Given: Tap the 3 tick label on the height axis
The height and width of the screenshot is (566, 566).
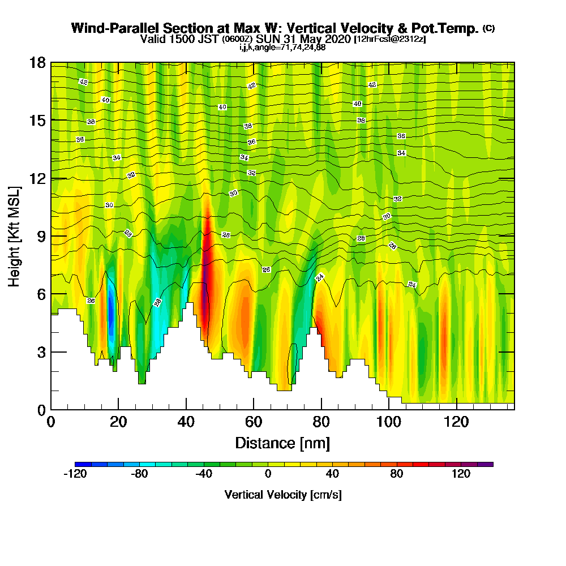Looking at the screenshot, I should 41,352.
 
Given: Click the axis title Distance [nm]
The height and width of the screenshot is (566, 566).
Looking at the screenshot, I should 282,443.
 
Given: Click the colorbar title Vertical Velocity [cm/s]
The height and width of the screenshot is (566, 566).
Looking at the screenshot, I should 283,495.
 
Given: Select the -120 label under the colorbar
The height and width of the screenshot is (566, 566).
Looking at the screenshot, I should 75,474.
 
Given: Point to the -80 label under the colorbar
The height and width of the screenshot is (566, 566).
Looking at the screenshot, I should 139,474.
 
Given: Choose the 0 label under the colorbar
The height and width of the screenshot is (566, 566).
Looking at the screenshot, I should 268,474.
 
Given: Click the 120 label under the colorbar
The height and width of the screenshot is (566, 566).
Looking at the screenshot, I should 461,474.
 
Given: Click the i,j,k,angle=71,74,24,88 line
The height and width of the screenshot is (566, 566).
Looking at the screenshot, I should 282,48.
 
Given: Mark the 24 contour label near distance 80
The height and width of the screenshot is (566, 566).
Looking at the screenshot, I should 320,277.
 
